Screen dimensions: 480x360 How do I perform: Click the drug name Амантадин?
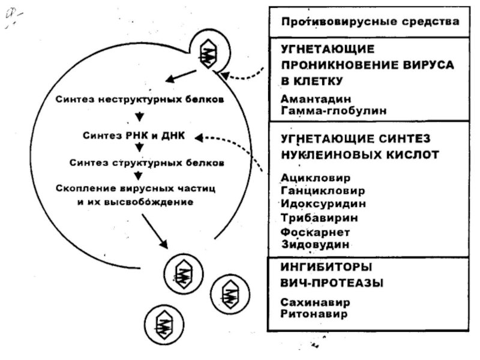(316, 99)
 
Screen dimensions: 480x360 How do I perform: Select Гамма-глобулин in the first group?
(334, 110)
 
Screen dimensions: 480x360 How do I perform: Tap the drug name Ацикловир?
(316, 178)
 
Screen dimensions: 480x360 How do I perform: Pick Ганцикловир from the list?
(323, 191)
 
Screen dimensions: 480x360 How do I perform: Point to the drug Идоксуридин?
(323, 203)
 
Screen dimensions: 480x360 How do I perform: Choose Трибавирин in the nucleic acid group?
(319, 218)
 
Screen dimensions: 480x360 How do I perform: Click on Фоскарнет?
(316, 232)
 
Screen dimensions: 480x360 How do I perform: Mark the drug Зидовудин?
(316, 244)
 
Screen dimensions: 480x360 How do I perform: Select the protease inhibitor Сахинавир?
(316, 302)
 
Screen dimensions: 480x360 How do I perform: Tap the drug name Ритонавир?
(314, 314)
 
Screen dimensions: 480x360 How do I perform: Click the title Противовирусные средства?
(370, 22)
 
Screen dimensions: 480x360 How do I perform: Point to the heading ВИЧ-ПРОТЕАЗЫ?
(332, 283)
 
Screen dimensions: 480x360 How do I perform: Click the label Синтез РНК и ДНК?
(134, 136)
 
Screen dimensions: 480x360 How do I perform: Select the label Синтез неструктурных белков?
(140, 100)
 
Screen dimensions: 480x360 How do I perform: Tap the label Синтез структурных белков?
(146, 163)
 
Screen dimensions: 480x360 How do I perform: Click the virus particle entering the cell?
(209, 53)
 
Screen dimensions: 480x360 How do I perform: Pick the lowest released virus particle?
(164, 325)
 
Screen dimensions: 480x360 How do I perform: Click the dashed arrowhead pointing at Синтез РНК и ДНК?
(199, 138)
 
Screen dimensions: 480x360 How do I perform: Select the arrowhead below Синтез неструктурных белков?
(140, 116)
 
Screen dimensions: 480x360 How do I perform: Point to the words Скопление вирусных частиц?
(136, 188)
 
